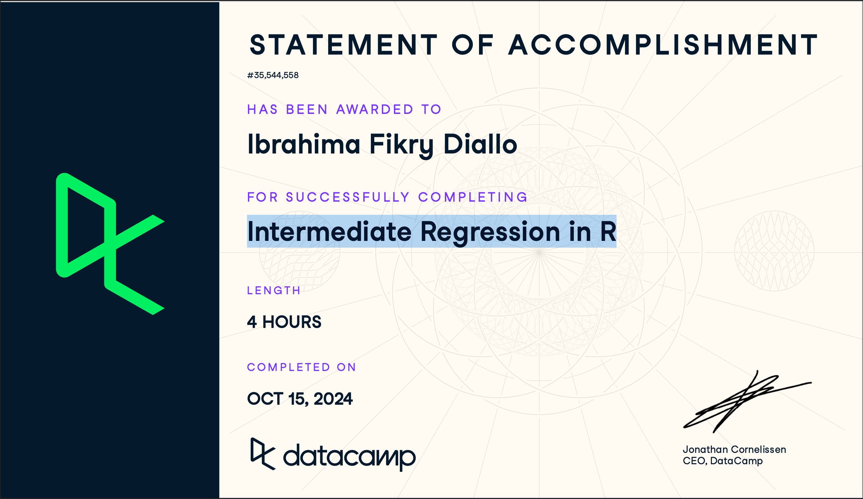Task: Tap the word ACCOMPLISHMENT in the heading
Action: pos(663,45)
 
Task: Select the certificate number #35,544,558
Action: pos(273,75)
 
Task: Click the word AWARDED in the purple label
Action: pos(375,109)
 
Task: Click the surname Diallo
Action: pos(480,144)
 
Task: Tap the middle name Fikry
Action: pos(402,145)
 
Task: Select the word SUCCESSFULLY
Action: pos(348,197)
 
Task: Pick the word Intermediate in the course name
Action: pos(329,232)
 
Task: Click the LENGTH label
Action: pos(274,290)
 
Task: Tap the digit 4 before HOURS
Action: pos(252,322)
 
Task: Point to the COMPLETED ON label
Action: pos(301,367)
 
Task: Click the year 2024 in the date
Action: pos(333,399)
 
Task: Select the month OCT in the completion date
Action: pos(265,399)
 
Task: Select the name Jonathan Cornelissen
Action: pos(734,449)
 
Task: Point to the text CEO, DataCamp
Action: pos(722,461)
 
